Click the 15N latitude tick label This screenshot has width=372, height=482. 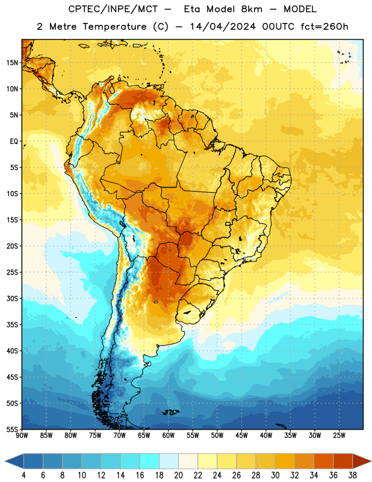(12, 63)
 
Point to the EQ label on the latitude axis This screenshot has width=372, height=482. (14, 142)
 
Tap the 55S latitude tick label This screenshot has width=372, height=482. (12, 429)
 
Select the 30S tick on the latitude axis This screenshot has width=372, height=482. (12, 298)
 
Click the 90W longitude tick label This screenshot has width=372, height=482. (22, 436)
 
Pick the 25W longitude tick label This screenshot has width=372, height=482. (339, 436)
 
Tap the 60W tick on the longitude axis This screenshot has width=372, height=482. (169, 436)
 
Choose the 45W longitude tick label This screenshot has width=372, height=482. (242, 436)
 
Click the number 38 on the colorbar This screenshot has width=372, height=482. (352, 475)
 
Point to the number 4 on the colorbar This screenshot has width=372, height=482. (23, 475)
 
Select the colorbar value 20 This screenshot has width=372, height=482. (178, 475)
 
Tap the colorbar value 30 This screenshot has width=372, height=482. (275, 475)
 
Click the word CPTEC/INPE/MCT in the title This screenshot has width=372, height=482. (113, 9)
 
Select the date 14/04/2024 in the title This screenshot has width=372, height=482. (223, 27)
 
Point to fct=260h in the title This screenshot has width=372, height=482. (324, 27)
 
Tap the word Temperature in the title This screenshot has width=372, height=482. (114, 27)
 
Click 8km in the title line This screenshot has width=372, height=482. (252, 9)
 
